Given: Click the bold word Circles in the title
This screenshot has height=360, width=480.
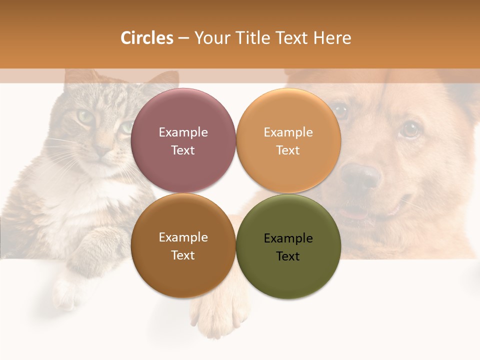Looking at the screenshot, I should point(146,38).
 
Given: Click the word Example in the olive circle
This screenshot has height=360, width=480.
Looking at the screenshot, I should point(288,238).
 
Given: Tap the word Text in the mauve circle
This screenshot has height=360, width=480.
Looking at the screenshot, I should point(183,150).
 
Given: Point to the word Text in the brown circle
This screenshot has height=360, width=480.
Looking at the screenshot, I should point(183,255).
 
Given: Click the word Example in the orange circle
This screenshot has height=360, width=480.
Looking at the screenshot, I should point(288,132).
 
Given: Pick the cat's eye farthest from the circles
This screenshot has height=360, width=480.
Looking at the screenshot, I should point(85,117).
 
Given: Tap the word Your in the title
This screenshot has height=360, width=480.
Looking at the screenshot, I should point(211,38).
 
